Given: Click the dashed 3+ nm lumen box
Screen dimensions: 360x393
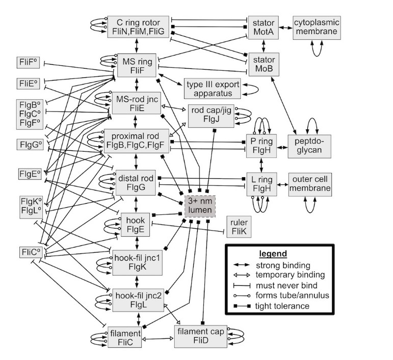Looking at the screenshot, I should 200,207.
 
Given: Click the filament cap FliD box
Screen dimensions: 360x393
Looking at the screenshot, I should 200,336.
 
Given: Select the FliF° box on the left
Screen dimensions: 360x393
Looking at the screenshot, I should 30,64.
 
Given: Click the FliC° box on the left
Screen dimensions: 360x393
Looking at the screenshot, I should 30,252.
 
